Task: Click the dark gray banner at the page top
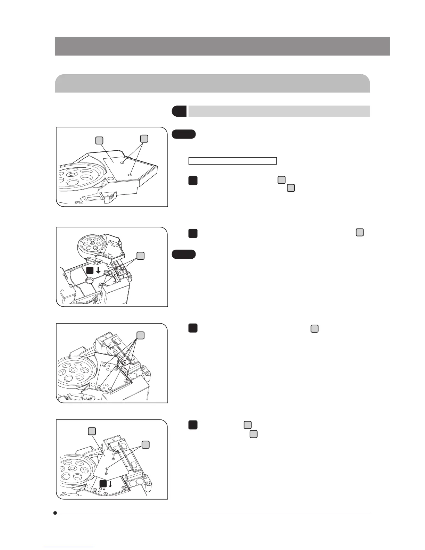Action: click(x=222, y=46)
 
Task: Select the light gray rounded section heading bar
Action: click(x=212, y=83)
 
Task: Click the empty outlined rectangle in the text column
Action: click(x=232, y=161)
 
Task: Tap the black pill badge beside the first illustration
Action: click(x=184, y=134)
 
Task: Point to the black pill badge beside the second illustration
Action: click(x=184, y=254)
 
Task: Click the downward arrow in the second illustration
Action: click(x=98, y=270)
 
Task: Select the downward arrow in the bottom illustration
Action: click(x=110, y=484)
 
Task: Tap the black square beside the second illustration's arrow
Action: click(x=90, y=270)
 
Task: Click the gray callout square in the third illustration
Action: click(x=140, y=335)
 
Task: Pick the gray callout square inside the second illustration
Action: click(x=140, y=256)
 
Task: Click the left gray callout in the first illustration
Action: click(x=99, y=140)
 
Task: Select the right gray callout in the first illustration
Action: click(x=144, y=139)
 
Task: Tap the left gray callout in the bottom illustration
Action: click(x=92, y=431)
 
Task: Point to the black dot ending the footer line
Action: click(x=55, y=513)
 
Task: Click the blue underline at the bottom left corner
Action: click(x=69, y=547)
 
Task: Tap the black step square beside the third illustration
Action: click(x=193, y=328)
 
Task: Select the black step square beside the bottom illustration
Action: click(x=193, y=425)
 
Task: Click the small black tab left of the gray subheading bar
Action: click(x=179, y=111)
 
